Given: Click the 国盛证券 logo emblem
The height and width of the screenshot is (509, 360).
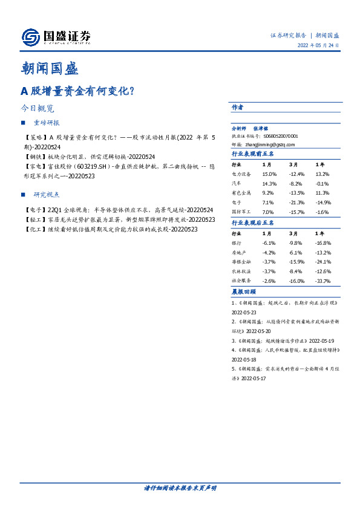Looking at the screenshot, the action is pos(31,37).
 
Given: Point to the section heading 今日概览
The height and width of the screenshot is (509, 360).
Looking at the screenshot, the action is pos(37,109).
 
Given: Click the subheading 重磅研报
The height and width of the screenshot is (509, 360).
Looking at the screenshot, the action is pos(45,123).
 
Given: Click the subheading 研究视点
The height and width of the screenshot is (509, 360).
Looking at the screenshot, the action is pos(45,194).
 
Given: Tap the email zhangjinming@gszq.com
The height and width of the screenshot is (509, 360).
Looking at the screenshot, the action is pos(272,145).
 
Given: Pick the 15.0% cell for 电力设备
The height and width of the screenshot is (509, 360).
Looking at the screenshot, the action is pos(269,173).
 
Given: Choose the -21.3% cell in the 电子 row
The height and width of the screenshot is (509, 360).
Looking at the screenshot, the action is pos(295,203).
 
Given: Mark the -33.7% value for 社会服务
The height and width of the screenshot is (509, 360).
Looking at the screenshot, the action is pos(322,281).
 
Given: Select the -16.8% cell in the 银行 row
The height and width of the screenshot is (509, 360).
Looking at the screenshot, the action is pos(322,242).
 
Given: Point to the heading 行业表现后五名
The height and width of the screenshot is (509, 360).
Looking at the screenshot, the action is pos(252,222).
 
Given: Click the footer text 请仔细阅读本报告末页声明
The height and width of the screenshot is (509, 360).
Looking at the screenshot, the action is pos(180,488).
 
